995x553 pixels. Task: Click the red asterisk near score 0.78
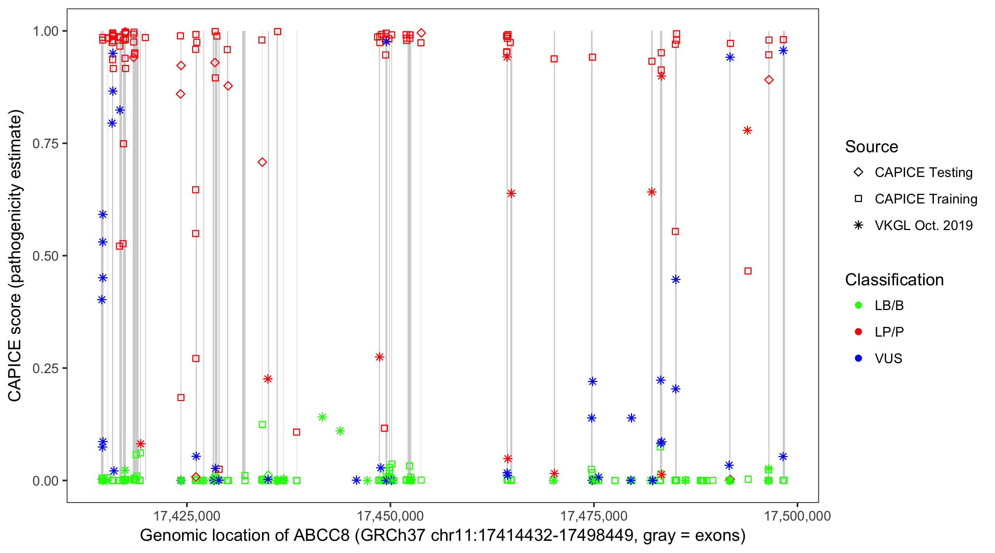point(747,131)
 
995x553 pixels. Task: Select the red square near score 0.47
point(748,271)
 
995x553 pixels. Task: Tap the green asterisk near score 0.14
point(322,417)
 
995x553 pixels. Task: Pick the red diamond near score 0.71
point(262,162)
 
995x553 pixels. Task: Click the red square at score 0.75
point(123,144)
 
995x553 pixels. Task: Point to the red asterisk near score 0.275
point(379,357)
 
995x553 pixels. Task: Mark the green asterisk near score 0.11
point(340,431)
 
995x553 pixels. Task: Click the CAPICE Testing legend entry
point(923,173)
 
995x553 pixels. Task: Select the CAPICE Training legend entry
point(925,199)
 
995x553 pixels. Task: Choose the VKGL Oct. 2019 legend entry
point(923,226)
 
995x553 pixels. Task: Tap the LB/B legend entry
point(889,305)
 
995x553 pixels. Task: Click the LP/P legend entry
point(889,332)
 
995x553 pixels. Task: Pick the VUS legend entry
point(888,359)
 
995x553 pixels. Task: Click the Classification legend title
point(894,280)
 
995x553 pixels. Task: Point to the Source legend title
point(872,147)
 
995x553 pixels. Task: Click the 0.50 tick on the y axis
point(45,256)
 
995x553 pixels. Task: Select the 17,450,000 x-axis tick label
point(390,516)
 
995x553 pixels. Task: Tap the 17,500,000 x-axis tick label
point(797,516)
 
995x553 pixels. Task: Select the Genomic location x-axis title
point(443,536)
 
